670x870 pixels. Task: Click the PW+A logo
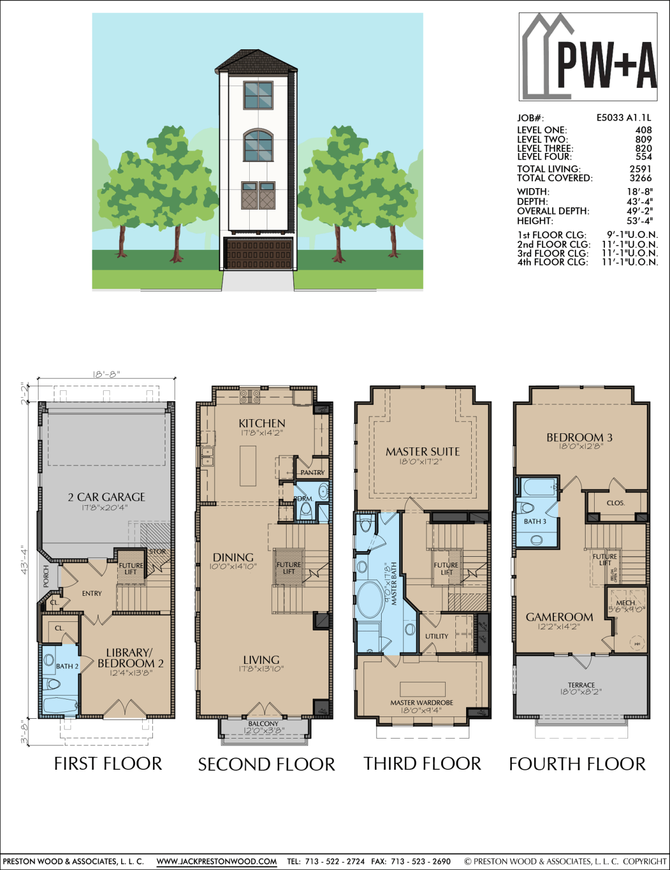click(x=588, y=57)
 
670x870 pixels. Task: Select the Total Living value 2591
click(x=640, y=169)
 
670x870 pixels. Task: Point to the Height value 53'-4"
click(x=639, y=221)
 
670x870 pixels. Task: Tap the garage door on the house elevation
click(x=259, y=253)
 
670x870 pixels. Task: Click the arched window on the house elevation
click(x=258, y=146)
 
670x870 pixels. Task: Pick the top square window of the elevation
click(x=258, y=95)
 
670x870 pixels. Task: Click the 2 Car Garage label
click(x=106, y=497)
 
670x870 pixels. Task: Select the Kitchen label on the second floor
click(x=262, y=424)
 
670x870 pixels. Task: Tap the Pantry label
click(x=312, y=472)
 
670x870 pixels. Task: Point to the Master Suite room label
click(x=423, y=452)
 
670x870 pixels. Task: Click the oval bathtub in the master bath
click(x=370, y=599)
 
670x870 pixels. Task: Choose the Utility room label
click(x=437, y=636)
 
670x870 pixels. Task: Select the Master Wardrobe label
click(x=421, y=703)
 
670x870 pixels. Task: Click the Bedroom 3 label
click(x=579, y=438)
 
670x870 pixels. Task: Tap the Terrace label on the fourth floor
click(x=581, y=685)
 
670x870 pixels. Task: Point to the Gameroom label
click(x=560, y=617)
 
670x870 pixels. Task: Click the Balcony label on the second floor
click(x=263, y=724)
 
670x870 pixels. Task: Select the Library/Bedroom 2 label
click(x=130, y=658)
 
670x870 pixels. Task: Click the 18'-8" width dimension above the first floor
click(x=106, y=374)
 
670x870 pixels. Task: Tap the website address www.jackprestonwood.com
click(x=216, y=862)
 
